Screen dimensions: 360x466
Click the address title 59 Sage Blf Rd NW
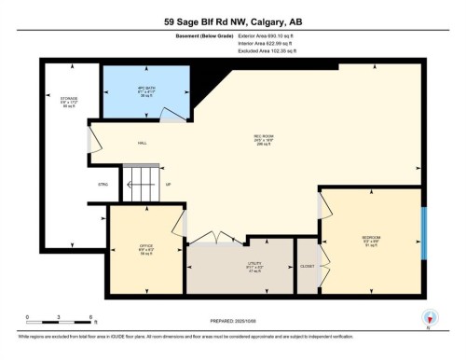click(232, 21)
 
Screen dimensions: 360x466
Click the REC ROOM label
click(263, 140)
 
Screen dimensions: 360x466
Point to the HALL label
click(143, 143)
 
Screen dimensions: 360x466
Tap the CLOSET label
click(308, 267)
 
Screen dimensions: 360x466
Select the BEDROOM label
click(371, 241)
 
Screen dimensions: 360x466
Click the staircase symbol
click(141, 184)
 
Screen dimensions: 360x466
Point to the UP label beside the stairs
click(168, 185)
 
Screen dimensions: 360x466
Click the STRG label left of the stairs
click(103, 185)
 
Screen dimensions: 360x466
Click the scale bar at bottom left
click(59, 322)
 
